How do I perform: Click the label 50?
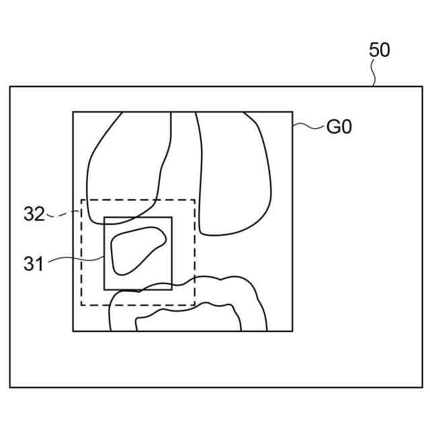click(x=379, y=50)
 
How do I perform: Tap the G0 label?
click(x=339, y=127)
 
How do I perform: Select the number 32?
click(x=34, y=214)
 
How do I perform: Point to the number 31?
click(x=33, y=263)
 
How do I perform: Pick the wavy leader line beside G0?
click(x=307, y=125)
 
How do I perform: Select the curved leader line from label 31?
click(x=74, y=259)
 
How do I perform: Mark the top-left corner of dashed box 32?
click(x=81, y=200)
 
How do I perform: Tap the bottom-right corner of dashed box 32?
click(x=195, y=305)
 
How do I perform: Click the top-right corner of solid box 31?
click(x=172, y=217)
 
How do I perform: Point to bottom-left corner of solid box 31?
click(x=104, y=290)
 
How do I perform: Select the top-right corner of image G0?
click(x=292, y=112)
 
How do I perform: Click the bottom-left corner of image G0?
click(x=73, y=331)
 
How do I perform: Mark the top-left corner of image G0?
click(x=73, y=112)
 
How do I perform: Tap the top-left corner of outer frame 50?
click(x=9, y=86)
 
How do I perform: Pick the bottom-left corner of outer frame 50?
click(x=9, y=387)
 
